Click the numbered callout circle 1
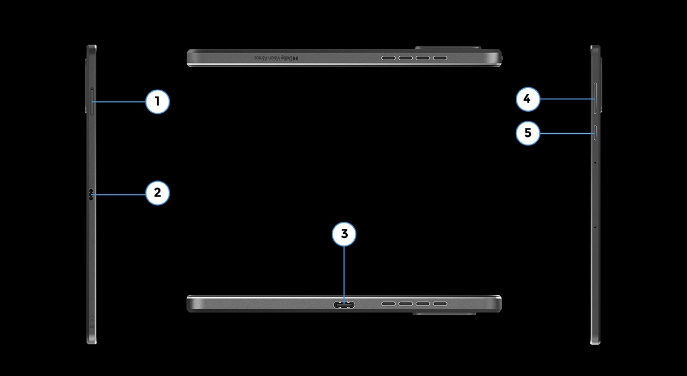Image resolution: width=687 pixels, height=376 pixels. click(x=158, y=101)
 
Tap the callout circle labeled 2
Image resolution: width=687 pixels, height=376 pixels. click(x=158, y=193)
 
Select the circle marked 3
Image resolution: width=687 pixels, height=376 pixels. click(x=344, y=234)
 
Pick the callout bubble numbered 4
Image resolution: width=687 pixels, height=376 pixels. click(x=528, y=99)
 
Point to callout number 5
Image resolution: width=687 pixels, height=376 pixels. click(x=528, y=133)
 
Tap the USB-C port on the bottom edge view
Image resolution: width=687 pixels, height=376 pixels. click(x=344, y=305)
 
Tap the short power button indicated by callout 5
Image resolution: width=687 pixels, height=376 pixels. click(x=595, y=132)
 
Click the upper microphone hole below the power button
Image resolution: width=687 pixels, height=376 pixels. click(x=595, y=162)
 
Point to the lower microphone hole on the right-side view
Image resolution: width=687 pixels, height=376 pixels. click(x=595, y=227)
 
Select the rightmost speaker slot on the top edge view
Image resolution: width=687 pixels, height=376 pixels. click(x=441, y=57)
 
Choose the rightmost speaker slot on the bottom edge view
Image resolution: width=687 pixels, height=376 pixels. click(x=441, y=305)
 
